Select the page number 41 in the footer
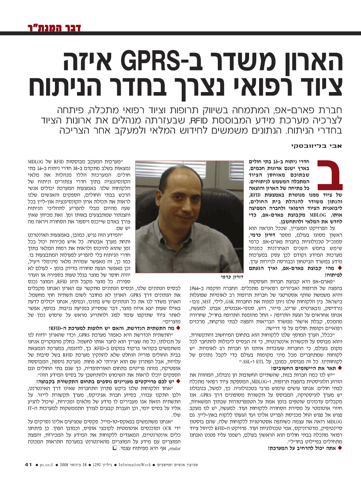[x=28, y=465]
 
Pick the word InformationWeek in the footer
[x=136, y=465]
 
